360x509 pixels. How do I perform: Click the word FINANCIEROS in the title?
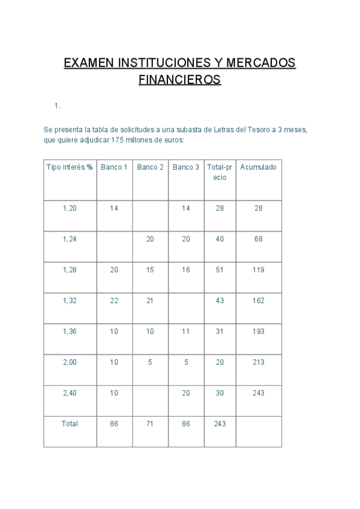[x=179, y=79]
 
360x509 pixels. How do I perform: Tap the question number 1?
[x=57, y=106]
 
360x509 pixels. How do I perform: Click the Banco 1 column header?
[x=114, y=167]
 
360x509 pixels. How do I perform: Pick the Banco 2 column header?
[x=150, y=167]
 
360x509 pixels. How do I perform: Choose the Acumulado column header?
[x=258, y=167]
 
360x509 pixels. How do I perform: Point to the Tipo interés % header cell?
[x=70, y=167]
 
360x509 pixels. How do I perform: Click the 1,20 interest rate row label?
[x=70, y=208]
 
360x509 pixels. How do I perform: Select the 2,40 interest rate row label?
[x=70, y=393]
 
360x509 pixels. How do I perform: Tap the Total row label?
[x=70, y=424]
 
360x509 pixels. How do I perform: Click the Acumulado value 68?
[x=258, y=239]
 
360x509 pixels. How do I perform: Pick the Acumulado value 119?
[x=258, y=270]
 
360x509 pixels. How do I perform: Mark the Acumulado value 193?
[x=258, y=332]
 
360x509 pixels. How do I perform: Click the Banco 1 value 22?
[x=114, y=301]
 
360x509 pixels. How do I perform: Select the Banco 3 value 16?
[x=186, y=270]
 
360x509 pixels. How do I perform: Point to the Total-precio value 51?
[x=220, y=270]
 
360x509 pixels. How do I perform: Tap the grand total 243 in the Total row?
[x=220, y=424]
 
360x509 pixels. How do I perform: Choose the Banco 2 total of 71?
[x=150, y=424]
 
